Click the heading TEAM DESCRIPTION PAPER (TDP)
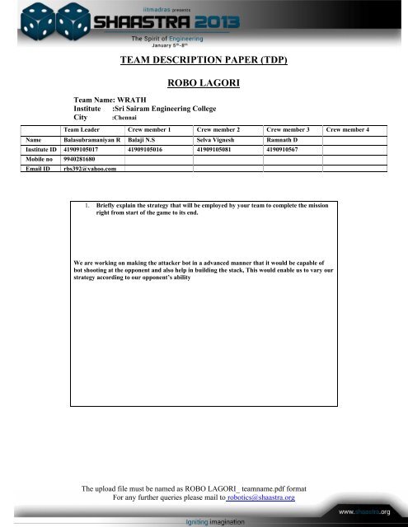pyautogui.click(x=203, y=60)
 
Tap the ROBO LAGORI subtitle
pyautogui.click(x=203, y=83)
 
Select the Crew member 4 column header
pyautogui.click(x=349, y=130)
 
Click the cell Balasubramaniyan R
pyautogui.click(x=91, y=141)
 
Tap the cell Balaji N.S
pyautogui.click(x=146, y=141)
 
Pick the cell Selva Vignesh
pyautogui.click(x=218, y=141)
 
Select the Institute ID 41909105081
pyautogui.click(x=218, y=150)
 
